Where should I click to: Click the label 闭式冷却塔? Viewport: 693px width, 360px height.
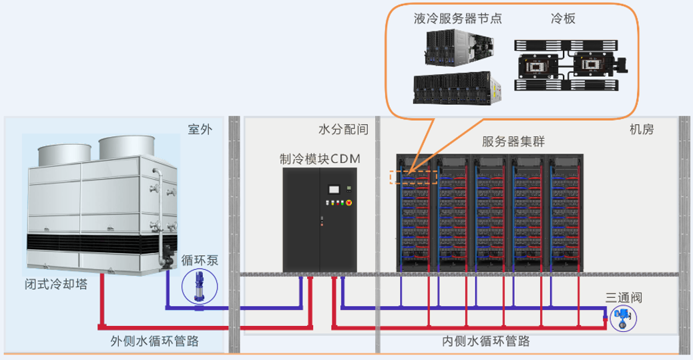tap(56, 286)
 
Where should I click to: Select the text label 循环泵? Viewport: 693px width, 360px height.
tap(200, 260)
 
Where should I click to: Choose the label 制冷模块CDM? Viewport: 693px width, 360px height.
tap(320, 159)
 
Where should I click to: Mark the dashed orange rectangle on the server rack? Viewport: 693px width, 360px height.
tap(413, 177)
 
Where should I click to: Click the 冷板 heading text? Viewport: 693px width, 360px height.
tap(563, 19)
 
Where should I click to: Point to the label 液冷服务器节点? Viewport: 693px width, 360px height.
tap(457, 19)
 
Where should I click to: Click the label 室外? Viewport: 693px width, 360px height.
tap(200, 130)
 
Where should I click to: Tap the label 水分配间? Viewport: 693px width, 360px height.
tap(343, 130)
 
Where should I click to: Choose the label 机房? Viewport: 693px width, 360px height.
tap(642, 130)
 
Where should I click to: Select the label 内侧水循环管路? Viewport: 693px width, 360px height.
tap(486, 341)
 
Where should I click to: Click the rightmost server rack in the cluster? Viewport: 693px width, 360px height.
tap(565, 214)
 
